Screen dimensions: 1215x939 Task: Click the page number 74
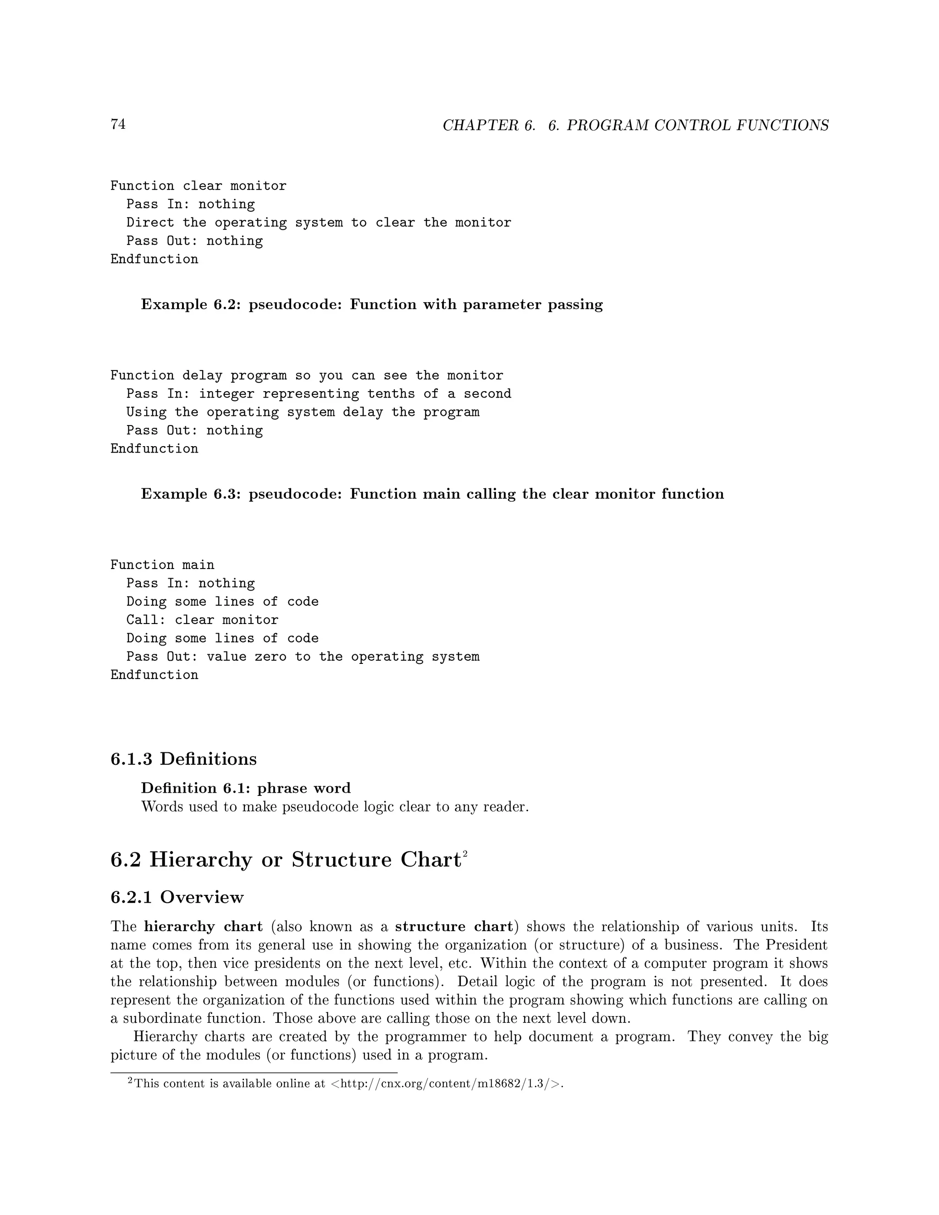pos(118,124)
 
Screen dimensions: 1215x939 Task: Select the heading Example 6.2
pos(371,305)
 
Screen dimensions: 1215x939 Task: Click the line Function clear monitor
pos(198,186)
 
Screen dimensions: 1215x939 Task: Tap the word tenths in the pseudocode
pos(391,394)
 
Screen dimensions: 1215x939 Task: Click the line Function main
pos(162,565)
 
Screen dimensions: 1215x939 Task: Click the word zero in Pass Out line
pos(271,657)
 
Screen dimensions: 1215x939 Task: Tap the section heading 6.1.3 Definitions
pos(183,759)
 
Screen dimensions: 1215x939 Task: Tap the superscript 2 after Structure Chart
pos(464,853)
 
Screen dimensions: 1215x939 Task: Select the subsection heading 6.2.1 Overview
pos(177,897)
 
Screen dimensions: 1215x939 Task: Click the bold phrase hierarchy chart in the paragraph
pos(203,927)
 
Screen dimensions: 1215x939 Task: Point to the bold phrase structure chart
pos(453,927)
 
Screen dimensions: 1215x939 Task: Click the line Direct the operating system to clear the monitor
pos(318,222)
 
